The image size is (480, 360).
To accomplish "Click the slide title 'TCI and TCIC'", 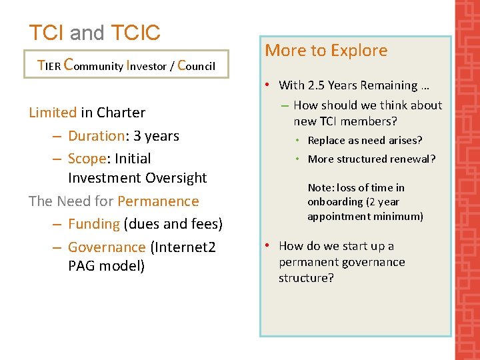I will pos(95,33).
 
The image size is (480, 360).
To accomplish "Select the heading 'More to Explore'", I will pos(326,51).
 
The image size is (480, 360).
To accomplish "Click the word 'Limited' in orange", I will pos(53,113).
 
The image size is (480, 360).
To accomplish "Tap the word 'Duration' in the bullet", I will pos(96,136).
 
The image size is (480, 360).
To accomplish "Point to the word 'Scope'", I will pos(87,159).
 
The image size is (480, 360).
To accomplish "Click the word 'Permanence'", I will pos(158,201).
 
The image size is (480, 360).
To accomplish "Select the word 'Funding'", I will pos(93,224).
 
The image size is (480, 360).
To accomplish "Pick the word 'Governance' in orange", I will pos(107,247).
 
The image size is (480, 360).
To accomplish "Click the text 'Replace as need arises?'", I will pos(365,141).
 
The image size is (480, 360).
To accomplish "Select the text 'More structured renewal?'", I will pos(371,159).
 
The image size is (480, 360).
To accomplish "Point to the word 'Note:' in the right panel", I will pos(321,188).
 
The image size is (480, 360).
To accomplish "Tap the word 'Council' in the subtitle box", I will pos(196,65).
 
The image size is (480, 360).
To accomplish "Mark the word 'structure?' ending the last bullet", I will pos(306,278).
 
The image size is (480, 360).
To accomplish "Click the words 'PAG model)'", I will pos(106,267).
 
